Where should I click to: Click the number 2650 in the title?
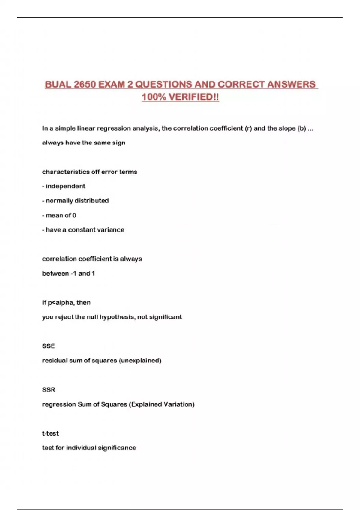pyautogui.click(x=85, y=85)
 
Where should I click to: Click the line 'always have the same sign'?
pyautogui.click(x=84, y=143)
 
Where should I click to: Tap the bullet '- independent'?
pyautogui.click(x=64, y=186)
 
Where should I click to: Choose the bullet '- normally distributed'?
pyautogui.click(x=75, y=201)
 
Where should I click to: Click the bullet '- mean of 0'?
pyautogui.click(x=59, y=215)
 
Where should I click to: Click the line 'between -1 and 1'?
pyautogui.click(x=68, y=274)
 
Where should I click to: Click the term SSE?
pyautogui.click(x=49, y=346)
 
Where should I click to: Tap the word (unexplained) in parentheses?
pyautogui.click(x=140, y=361)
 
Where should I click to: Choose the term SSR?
pyautogui.click(x=49, y=390)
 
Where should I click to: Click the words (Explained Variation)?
pyautogui.click(x=162, y=404)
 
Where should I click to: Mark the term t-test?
pyautogui.click(x=50, y=433)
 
